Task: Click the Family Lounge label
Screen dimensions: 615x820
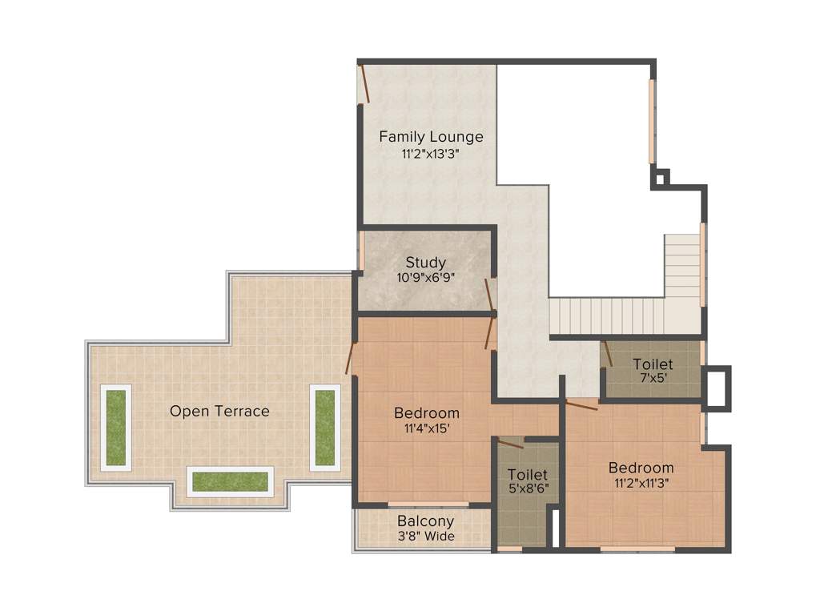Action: tap(431, 136)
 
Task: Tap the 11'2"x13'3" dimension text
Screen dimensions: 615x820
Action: tap(431, 153)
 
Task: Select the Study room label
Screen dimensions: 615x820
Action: tap(425, 262)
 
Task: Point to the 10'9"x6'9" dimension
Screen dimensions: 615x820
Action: tap(425, 278)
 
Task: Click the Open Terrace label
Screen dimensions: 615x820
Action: tap(219, 411)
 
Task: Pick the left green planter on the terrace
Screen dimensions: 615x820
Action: tap(116, 428)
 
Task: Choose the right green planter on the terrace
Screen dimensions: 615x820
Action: tap(324, 428)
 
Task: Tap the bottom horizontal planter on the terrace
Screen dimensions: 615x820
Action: tap(231, 481)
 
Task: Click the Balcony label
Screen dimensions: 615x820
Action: tap(425, 521)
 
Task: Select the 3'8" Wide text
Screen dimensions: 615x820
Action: tap(425, 536)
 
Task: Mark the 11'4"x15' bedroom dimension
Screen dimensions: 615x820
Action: tap(427, 428)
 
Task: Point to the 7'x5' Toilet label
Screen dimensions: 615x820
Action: tap(653, 364)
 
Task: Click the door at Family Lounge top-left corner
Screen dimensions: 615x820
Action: tap(364, 83)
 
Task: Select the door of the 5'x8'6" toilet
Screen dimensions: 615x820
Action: tap(509, 443)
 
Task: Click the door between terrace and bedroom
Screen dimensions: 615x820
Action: tap(349, 358)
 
